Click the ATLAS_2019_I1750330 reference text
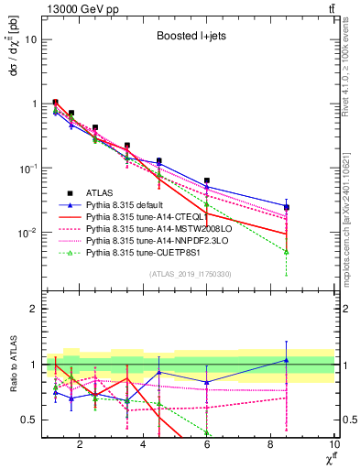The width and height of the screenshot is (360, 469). [x=191, y=273]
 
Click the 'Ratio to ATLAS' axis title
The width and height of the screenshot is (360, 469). [x=13, y=364]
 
